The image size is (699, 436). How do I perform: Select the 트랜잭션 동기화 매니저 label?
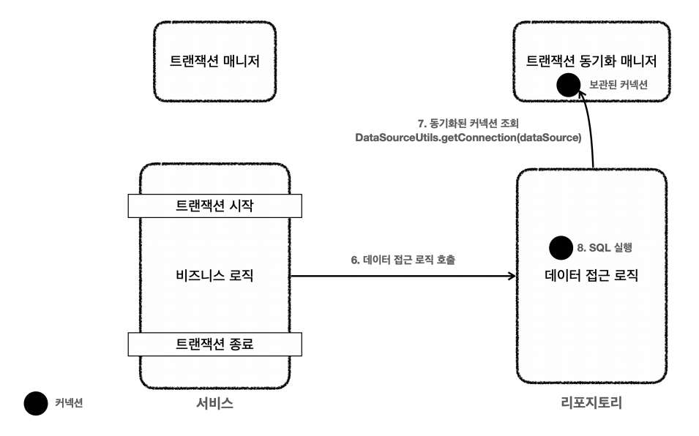[591, 61]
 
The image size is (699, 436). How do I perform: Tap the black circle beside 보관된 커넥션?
[568, 86]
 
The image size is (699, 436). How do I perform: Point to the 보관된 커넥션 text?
[618, 86]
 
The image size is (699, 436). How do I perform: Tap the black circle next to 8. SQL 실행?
[561, 247]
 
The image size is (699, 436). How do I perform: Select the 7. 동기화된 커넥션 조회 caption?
[468, 123]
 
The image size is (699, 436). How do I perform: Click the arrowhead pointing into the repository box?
[511, 276]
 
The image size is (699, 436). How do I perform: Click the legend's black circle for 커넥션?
[33, 402]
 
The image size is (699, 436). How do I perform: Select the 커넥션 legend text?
[69, 402]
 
